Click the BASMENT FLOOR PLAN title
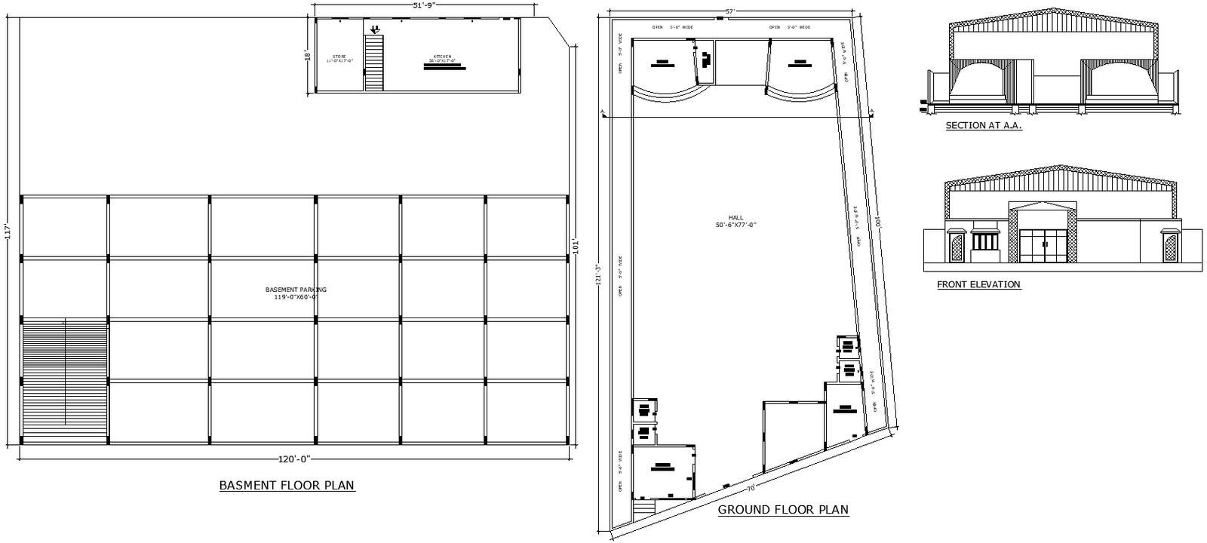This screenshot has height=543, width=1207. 287,486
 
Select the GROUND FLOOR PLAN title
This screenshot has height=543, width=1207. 783,510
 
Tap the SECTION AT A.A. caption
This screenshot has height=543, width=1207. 984,126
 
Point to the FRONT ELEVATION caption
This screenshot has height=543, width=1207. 978,285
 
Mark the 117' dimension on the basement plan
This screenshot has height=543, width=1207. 8,231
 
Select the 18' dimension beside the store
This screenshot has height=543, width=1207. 308,56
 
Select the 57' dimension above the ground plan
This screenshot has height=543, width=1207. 729,11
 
